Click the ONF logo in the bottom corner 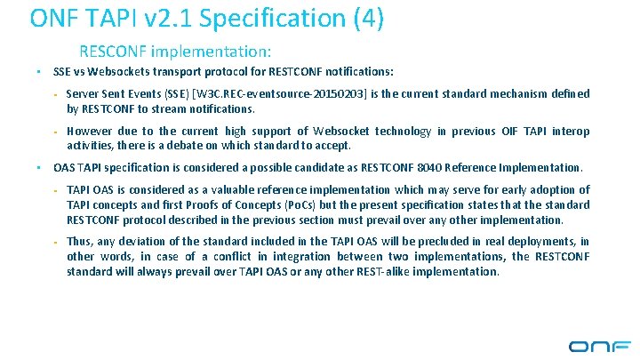pos(599,345)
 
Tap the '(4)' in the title pos(365,19)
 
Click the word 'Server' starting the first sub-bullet pos(85,94)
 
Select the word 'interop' pos(570,132)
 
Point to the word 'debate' pos(183,145)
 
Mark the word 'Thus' pos(79,242)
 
